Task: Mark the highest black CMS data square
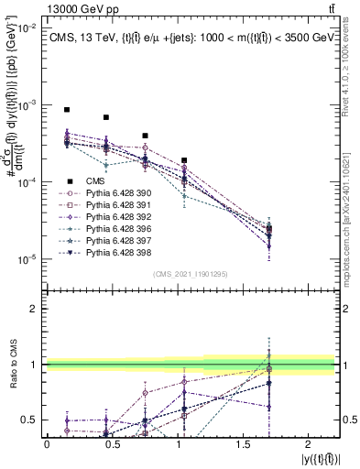point(67,110)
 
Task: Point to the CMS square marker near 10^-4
point(185,160)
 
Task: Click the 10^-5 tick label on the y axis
point(25,259)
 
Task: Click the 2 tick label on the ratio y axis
point(35,309)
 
